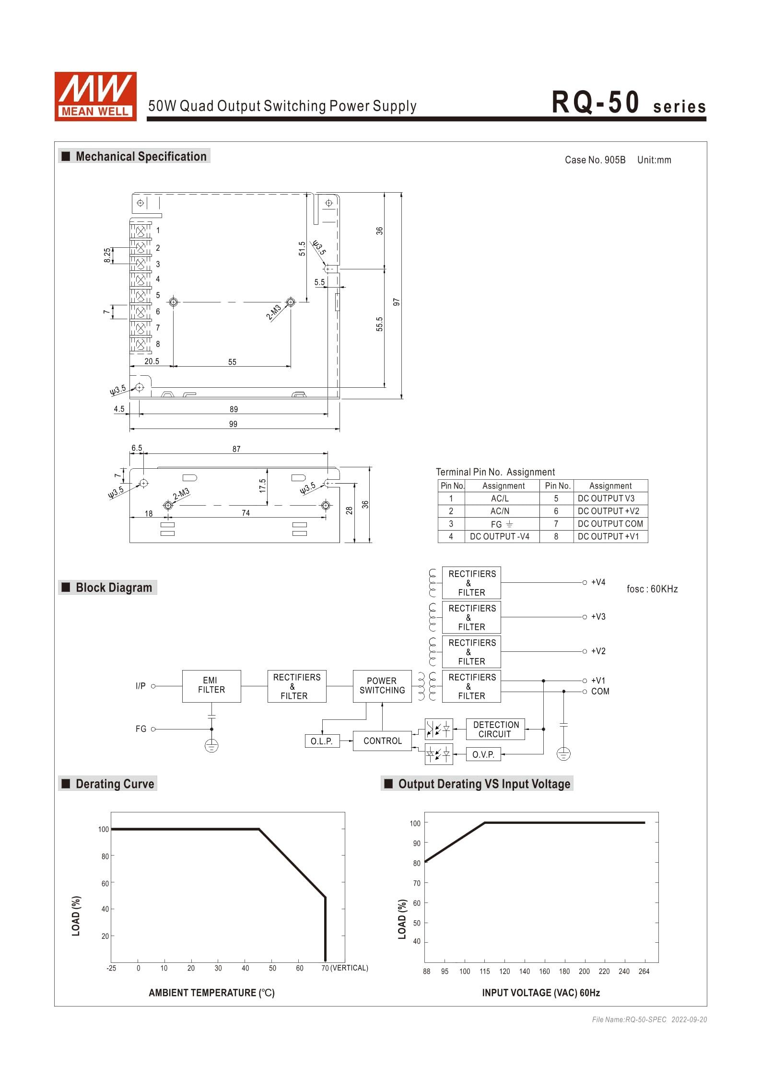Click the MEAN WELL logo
(x=95, y=96)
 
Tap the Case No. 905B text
(x=595, y=160)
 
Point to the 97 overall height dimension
(x=397, y=302)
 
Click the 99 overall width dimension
(x=233, y=424)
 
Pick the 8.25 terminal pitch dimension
(x=107, y=255)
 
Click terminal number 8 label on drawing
(x=158, y=344)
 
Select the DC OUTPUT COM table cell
(x=610, y=523)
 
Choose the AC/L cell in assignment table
(x=499, y=498)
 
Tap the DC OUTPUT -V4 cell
(x=499, y=536)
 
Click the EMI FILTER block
(x=211, y=686)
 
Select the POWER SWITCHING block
(x=382, y=686)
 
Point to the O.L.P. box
(x=321, y=741)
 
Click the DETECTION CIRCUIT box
(x=495, y=729)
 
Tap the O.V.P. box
(x=483, y=754)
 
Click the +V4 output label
(x=598, y=582)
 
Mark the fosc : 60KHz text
(x=652, y=589)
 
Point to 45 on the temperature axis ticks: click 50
(x=272, y=968)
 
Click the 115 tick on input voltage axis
(x=484, y=972)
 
